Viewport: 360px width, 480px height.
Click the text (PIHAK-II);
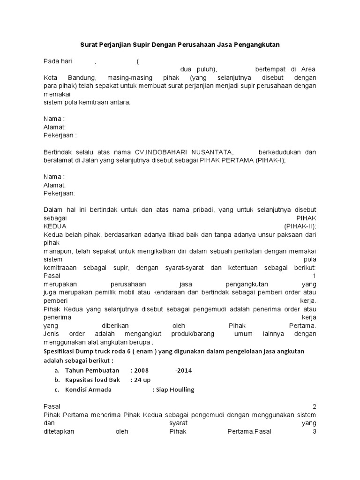[300, 226]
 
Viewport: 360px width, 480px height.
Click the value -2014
[183, 370]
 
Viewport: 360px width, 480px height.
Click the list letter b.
[57, 380]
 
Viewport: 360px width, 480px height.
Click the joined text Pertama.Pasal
[249, 432]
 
